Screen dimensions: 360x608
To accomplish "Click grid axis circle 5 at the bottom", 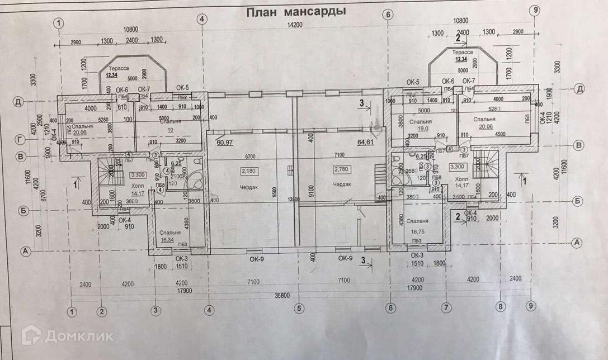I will pos(299,307).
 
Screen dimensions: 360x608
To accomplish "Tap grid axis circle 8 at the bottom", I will pos(501,307).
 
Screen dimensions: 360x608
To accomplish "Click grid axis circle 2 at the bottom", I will pos(101,311).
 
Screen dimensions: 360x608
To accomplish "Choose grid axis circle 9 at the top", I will pos(535,10).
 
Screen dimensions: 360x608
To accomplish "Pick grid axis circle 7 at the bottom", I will pos(446,307).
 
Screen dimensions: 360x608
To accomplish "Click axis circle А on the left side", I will pos(25,251).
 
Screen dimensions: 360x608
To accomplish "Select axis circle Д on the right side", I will pos(580,89).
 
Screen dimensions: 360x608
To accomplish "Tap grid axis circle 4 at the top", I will pos(202,19).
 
